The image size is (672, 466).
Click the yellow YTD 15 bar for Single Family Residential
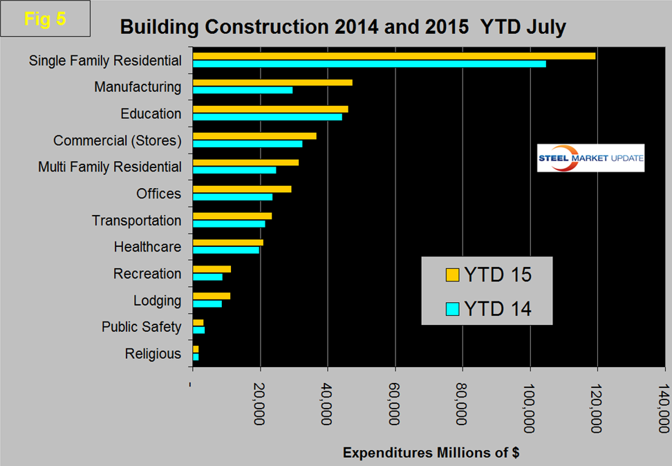394,56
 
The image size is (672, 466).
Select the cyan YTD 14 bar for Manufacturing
243,90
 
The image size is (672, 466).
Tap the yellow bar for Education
270,109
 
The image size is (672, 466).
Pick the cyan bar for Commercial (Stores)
248,144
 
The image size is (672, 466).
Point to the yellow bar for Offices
242,189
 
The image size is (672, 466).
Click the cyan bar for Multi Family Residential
234,170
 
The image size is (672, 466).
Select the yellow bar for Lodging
212,296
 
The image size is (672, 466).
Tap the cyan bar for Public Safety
198,330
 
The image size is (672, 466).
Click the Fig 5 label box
46,19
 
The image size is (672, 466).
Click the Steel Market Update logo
590,158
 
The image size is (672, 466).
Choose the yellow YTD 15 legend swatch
452,275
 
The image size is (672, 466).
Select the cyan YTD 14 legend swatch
452,308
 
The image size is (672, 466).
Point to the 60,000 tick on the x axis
395,407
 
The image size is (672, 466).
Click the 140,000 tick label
664,407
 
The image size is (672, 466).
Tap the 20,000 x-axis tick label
260,407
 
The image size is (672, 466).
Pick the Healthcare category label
147,247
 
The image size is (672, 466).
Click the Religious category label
153,354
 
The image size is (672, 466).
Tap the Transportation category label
137,221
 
